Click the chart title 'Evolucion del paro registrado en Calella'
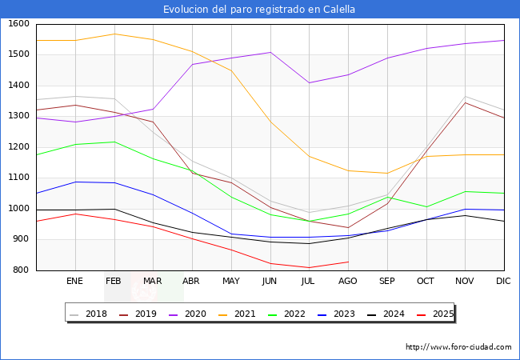(x=259, y=10)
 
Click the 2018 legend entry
(x=90, y=314)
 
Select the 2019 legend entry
(x=139, y=314)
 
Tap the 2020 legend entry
(x=189, y=314)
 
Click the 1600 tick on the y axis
(x=18, y=24)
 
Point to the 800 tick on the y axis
(x=21, y=270)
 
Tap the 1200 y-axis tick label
(x=18, y=147)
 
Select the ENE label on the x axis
(x=74, y=282)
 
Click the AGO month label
(x=347, y=282)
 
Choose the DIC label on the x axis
(x=503, y=282)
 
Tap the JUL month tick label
(x=309, y=282)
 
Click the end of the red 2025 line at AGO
(x=348, y=262)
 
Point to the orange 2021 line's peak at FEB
(x=114, y=34)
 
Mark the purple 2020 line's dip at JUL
(x=309, y=82)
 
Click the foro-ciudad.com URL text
(x=458, y=347)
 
